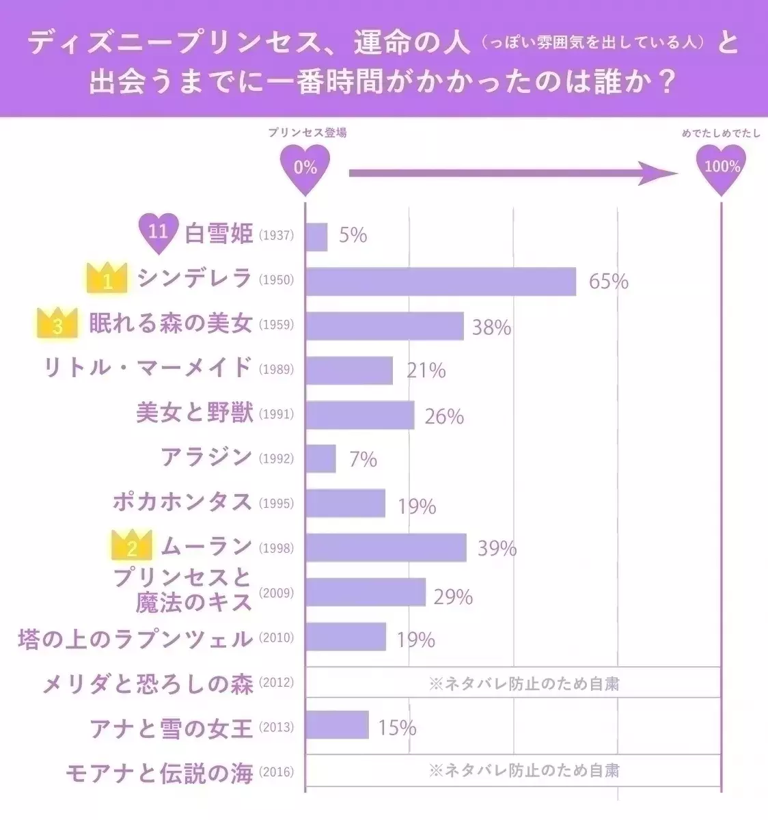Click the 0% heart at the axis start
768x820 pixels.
(x=305, y=167)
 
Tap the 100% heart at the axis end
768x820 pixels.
(x=721, y=167)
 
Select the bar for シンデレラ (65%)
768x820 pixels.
(x=441, y=281)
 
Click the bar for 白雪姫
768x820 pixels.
(x=316, y=236)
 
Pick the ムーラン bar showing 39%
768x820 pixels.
(x=386, y=547)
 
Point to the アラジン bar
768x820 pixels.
(x=320, y=459)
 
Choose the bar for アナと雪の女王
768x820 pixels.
(x=337, y=726)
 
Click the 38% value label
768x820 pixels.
(x=491, y=327)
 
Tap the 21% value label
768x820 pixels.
(x=426, y=370)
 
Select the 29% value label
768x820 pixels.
(x=453, y=597)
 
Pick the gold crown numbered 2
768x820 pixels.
(x=132, y=547)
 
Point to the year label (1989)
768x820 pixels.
(x=276, y=370)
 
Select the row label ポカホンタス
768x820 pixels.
(x=183, y=502)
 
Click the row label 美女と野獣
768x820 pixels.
(x=195, y=413)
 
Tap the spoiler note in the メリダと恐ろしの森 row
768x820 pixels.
(x=524, y=683)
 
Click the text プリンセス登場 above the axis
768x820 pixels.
(x=307, y=133)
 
